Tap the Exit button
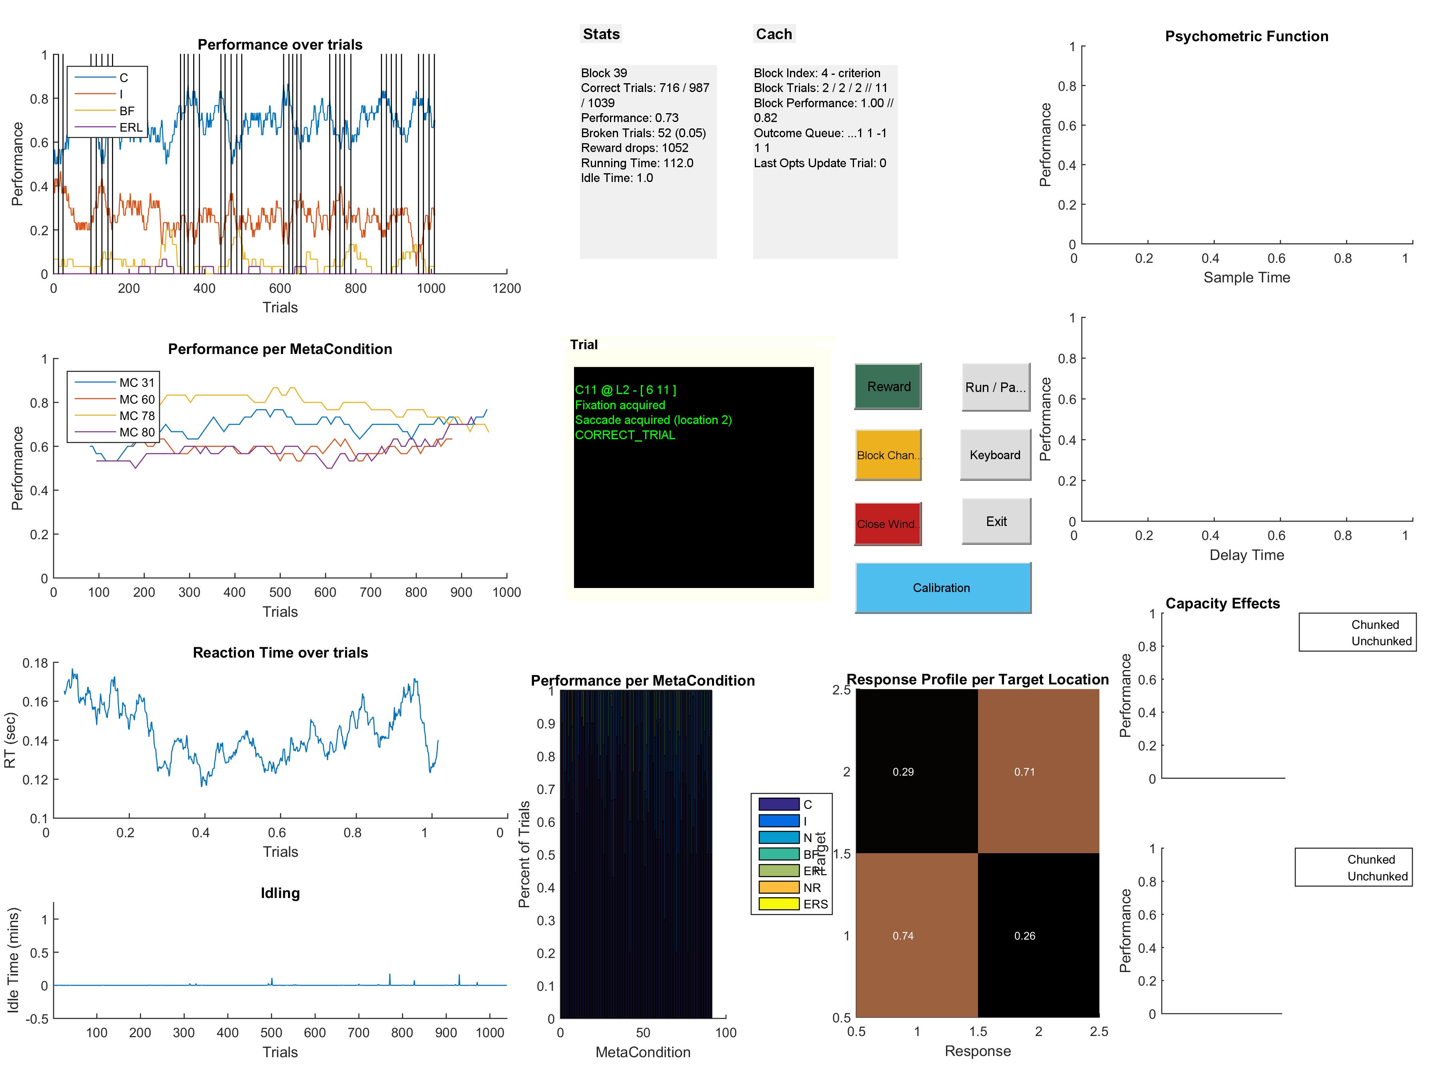pos(996,522)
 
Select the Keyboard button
pos(995,455)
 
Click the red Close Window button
pos(887,524)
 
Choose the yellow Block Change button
pos(887,455)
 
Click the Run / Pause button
pos(995,387)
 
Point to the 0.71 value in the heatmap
pos(1024,772)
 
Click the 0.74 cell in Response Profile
pos(903,936)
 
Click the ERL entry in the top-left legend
pos(130,128)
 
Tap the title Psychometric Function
pos(1246,36)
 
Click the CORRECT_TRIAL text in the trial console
pos(625,435)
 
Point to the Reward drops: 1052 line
pos(635,148)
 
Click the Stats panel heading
pos(601,34)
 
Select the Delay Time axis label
pos(1246,555)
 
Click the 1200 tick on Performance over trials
pos(506,288)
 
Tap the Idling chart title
pos(280,893)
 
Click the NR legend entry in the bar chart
pos(811,888)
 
